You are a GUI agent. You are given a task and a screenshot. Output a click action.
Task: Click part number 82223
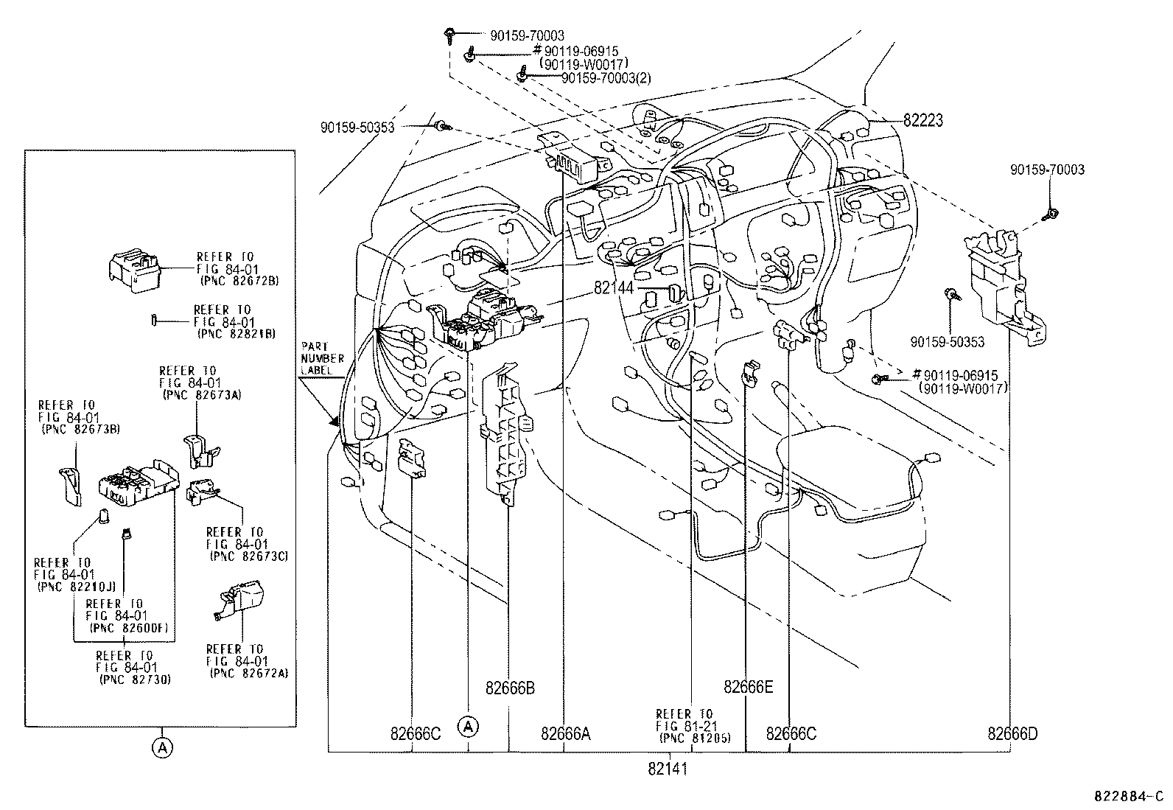[923, 120]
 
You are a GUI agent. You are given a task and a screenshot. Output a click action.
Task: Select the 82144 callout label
[614, 289]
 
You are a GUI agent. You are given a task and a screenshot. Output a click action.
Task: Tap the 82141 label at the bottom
[668, 769]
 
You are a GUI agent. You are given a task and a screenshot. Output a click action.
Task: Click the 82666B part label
[510, 688]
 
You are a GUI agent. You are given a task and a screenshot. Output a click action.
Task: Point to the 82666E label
[749, 687]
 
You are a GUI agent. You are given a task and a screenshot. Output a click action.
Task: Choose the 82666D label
[1012, 734]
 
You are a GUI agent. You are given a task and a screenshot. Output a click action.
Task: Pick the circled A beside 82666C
[468, 727]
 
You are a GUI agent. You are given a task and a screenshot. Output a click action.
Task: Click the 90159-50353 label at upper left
[357, 128]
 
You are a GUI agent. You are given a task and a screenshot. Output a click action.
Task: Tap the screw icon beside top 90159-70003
[449, 33]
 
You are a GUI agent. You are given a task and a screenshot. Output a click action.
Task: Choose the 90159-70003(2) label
[606, 78]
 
